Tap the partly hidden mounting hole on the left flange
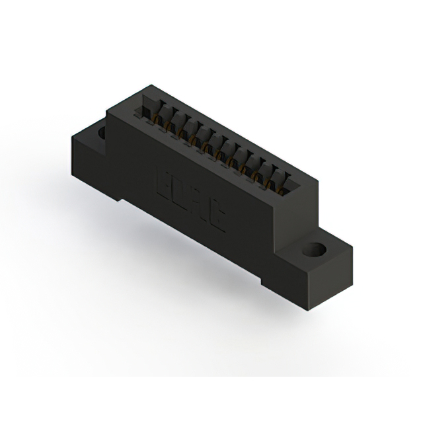coord(101,133)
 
